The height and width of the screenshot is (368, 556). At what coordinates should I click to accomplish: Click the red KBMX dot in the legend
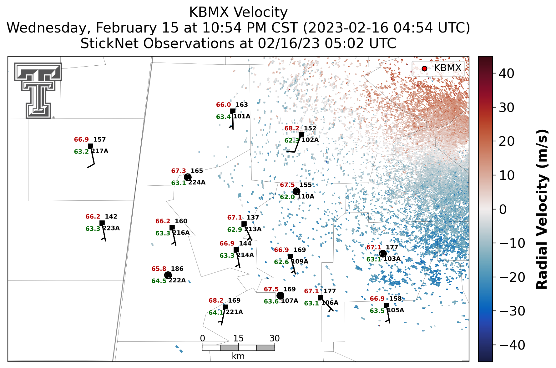[x=424, y=68]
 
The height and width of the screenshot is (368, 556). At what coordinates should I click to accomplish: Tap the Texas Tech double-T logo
[x=38, y=90]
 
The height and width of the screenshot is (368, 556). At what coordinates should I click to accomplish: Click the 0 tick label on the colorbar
[x=503, y=209]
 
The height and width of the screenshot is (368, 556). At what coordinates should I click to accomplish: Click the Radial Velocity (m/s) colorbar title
[x=542, y=209]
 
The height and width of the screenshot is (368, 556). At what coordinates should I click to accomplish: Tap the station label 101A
[x=242, y=116]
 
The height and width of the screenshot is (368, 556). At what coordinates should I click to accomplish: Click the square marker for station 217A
[x=90, y=146]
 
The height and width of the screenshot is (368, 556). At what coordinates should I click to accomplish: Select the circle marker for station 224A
[x=188, y=177]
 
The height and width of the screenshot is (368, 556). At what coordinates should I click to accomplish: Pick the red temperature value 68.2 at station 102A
[x=292, y=128]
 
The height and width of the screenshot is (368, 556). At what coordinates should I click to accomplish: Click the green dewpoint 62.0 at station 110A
[x=287, y=197]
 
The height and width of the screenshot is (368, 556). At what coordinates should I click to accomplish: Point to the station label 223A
[x=111, y=228]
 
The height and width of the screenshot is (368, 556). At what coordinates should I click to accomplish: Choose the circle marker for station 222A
[x=168, y=275]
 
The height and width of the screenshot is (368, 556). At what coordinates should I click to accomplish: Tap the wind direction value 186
[x=177, y=269]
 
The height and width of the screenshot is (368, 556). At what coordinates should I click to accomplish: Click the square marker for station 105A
[x=386, y=305]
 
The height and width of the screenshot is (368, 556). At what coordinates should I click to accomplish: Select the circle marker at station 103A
[x=383, y=253]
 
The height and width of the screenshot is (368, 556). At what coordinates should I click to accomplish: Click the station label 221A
[x=234, y=312]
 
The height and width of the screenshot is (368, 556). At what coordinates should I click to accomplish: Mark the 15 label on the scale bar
[x=238, y=338]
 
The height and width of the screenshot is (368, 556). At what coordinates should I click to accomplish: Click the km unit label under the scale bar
[x=238, y=356]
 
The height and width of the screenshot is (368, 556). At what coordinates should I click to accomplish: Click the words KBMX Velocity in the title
[x=238, y=13]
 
